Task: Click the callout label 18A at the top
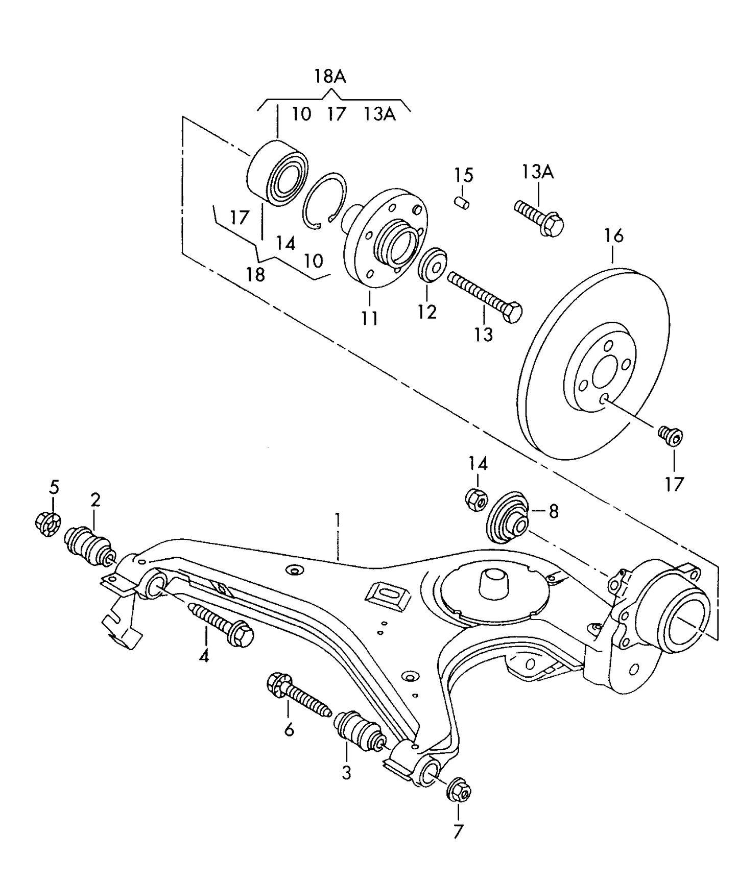[x=329, y=77]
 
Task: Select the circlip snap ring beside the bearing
[x=324, y=201]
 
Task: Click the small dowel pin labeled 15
[x=463, y=202]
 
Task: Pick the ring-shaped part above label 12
[x=432, y=265]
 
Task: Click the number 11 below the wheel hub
[x=370, y=318]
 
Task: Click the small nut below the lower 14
[x=477, y=498]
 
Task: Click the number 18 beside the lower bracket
[x=256, y=274]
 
